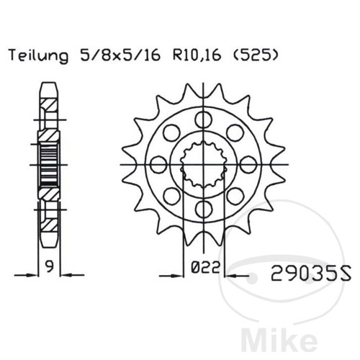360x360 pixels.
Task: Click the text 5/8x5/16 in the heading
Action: [x=120, y=56]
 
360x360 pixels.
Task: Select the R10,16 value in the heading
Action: [x=197, y=56]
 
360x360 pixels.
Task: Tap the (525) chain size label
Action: [x=256, y=56]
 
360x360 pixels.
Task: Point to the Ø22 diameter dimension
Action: [x=205, y=267]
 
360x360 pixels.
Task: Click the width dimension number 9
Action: [x=50, y=266]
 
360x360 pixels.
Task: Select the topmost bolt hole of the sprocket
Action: [x=204, y=120]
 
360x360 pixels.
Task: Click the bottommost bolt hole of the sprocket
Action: [x=204, y=210]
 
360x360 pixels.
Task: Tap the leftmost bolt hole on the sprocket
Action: [x=158, y=165]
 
